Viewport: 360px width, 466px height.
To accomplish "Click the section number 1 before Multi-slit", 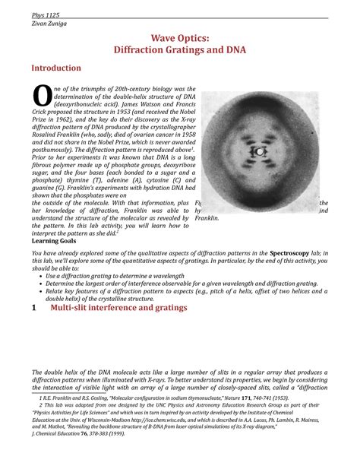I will [33, 308].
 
